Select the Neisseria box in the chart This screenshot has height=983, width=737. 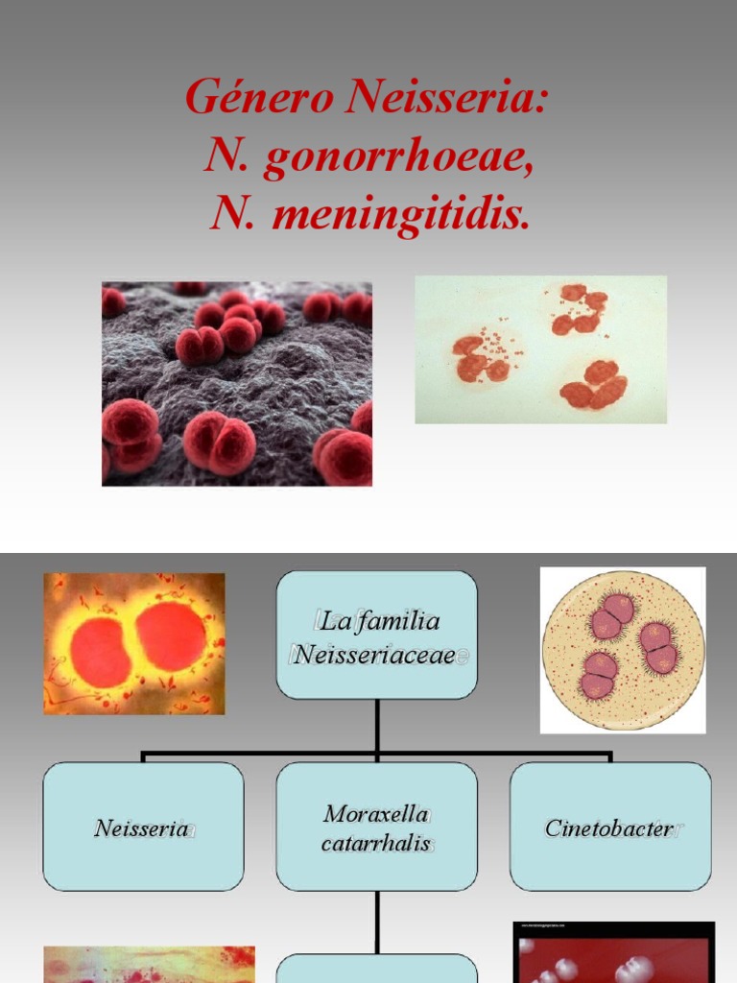coord(143,827)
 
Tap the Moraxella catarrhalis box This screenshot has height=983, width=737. coord(376,827)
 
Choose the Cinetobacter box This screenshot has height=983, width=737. coord(610,827)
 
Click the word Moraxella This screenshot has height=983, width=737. coord(376,814)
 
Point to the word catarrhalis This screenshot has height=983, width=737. coord(376,844)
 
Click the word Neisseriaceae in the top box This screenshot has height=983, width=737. coord(377,655)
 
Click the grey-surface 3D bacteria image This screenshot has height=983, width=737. coord(237,383)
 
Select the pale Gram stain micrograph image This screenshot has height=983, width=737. coord(540,349)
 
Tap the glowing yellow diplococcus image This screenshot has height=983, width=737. coord(134,643)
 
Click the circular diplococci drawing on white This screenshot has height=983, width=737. coord(623,649)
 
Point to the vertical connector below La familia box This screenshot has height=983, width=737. coord(377,724)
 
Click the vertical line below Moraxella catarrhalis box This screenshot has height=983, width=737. coord(377,922)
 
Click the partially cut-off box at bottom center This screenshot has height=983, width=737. coord(376,970)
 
